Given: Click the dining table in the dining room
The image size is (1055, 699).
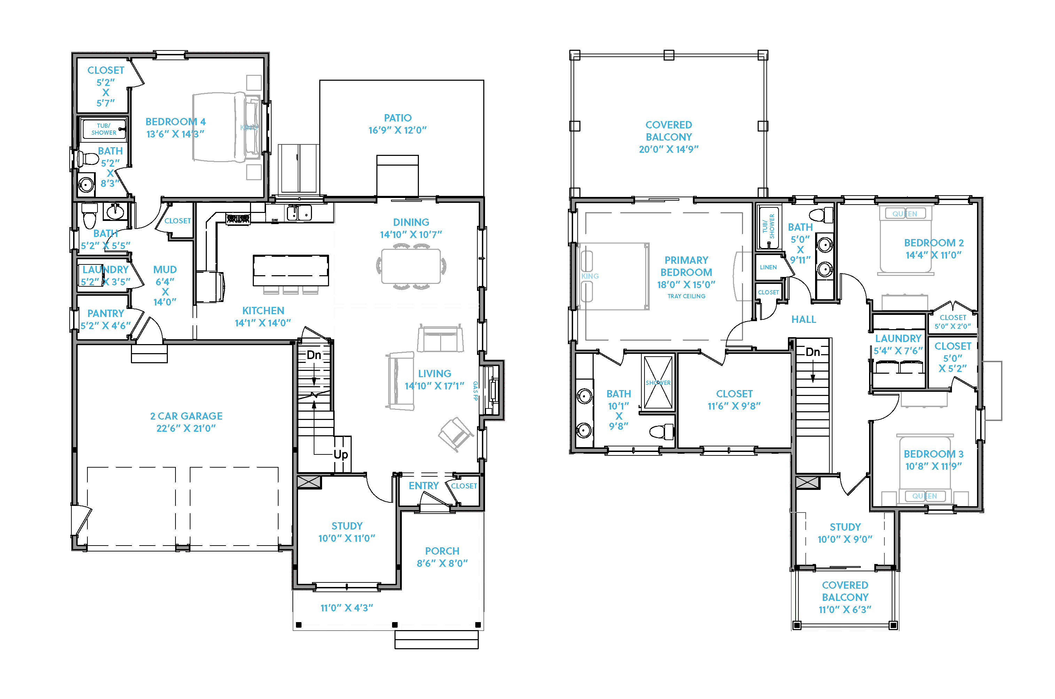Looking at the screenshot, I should click(411, 267).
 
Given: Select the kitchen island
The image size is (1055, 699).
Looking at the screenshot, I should click(290, 270).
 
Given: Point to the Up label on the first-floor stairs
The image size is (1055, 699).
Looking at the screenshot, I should click(341, 455).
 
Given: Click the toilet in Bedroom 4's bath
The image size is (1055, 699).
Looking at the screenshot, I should click(88, 158).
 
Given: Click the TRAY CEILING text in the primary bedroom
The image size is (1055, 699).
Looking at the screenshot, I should click(686, 296).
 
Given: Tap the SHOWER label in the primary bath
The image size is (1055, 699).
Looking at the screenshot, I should click(658, 382).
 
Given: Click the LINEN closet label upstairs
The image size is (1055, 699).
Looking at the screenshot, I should click(768, 267).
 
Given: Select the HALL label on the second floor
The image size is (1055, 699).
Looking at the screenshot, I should click(803, 319).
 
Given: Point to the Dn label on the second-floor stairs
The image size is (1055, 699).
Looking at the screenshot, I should click(813, 352).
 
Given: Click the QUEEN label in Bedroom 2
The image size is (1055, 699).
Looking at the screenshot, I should click(905, 214).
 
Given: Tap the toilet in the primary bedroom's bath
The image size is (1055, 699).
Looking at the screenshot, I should click(661, 431).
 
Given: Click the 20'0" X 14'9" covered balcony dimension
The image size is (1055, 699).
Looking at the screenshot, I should click(668, 149).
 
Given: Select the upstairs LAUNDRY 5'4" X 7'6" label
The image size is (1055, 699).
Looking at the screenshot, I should click(898, 344).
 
